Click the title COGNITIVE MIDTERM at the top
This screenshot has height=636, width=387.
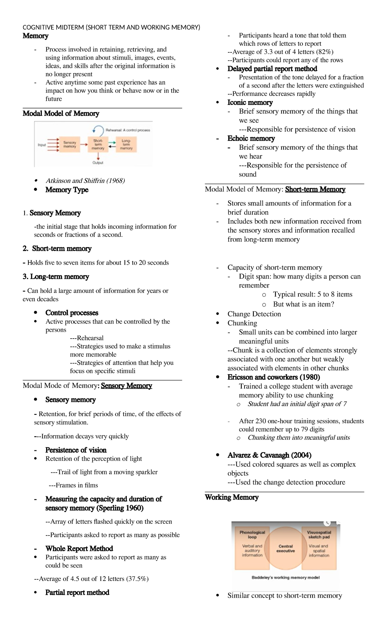53,27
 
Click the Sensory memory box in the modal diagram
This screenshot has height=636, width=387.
70,145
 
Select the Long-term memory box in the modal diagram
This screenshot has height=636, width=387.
126,145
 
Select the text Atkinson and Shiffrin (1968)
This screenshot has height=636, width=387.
85,181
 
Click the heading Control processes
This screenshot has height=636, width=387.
72,313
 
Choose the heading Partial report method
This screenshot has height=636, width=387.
77,592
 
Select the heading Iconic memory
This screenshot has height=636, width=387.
250,102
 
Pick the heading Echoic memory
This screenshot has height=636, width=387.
251,138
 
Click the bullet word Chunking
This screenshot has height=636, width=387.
242,323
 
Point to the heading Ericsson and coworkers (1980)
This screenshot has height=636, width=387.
273,377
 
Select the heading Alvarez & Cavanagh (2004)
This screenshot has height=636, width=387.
269,455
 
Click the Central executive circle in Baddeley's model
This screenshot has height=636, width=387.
285,548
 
